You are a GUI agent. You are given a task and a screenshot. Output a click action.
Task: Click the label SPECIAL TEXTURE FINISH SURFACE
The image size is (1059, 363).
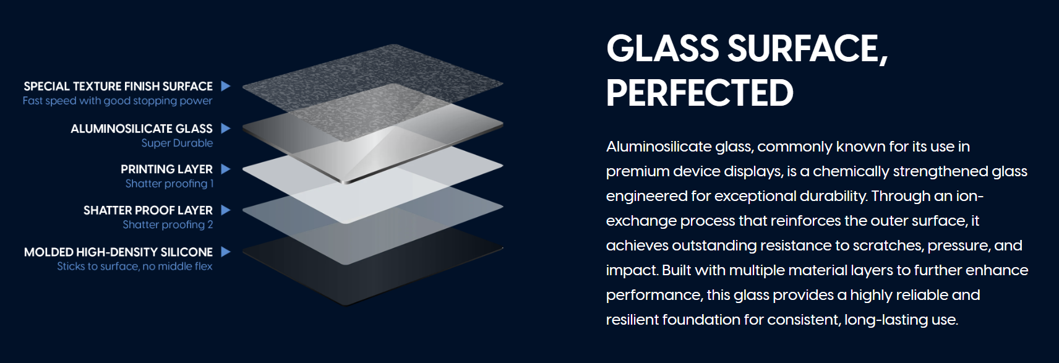(118, 87)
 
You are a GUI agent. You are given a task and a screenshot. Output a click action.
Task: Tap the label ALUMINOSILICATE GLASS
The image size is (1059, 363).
(142, 129)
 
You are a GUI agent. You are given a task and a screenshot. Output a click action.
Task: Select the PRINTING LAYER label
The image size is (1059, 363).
(166, 169)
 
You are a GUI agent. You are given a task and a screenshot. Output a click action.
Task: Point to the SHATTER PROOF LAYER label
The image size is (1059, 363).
(148, 210)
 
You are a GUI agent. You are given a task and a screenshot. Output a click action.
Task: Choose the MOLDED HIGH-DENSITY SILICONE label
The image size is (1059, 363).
(118, 252)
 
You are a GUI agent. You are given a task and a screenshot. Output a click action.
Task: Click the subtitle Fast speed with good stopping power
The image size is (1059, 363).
(118, 101)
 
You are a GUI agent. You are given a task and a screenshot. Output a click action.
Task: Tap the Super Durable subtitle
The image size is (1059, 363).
(178, 143)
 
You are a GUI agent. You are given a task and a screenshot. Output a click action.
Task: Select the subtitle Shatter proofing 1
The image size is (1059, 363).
(169, 184)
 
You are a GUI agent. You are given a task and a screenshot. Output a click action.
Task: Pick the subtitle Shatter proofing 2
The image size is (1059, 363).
(168, 224)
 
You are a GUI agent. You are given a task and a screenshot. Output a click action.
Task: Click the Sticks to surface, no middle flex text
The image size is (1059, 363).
(135, 266)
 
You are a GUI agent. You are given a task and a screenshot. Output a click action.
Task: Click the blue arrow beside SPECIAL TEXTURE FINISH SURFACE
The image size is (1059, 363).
(226, 86)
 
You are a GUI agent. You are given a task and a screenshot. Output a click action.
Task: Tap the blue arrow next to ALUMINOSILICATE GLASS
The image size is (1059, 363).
(226, 128)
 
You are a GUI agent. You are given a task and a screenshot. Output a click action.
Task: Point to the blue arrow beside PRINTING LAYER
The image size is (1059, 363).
(226, 169)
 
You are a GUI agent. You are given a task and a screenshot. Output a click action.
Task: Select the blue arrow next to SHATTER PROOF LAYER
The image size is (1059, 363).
(226, 210)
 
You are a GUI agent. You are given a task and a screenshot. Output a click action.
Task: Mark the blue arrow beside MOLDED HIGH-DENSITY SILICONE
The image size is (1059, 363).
(226, 252)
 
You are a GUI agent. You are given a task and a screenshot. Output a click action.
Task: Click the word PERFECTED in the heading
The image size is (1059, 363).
(700, 93)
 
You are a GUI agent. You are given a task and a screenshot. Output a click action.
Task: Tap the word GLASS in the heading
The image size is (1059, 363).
(662, 48)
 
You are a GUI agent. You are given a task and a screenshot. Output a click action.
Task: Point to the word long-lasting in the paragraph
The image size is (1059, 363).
(886, 320)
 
